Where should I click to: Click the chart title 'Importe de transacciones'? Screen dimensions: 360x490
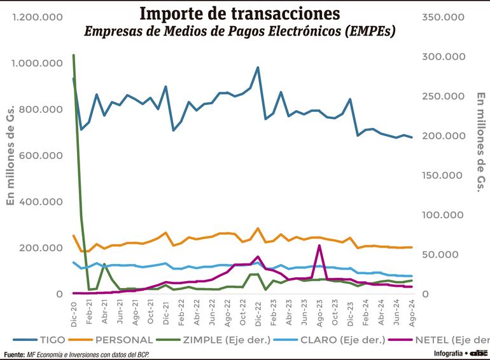[239, 13]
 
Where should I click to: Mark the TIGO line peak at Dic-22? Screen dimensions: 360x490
[258, 67]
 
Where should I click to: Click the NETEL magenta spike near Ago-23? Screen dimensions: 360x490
[319, 246]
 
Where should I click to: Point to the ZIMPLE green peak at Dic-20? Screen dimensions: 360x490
[74, 56]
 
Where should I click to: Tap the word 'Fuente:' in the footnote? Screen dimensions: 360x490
[14, 354]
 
